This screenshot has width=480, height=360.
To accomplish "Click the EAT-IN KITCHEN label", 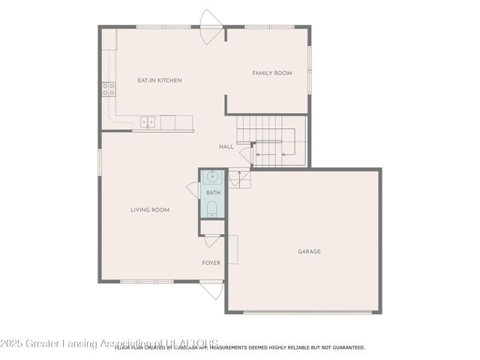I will (159, 80).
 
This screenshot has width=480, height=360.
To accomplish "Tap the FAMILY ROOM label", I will (271, 73).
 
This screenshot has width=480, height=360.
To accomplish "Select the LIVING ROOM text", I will (150, 210).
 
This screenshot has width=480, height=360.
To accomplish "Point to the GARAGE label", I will (309, 251).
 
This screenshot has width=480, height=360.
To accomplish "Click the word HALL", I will (226, 146).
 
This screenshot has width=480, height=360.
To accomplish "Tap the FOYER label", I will (211, 262).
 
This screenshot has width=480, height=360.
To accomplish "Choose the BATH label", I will (213, 193).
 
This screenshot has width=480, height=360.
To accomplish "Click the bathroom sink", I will (212, 178).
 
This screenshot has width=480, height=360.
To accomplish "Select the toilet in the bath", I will (212, 208).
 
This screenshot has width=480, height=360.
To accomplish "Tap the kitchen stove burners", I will (109, 90).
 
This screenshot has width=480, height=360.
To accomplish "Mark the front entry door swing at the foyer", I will (211, 289).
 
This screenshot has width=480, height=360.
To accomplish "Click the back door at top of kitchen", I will (210, 19).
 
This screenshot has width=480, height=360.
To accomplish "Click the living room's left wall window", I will (99, 162).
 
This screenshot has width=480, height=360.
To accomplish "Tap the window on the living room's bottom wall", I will (146, 281).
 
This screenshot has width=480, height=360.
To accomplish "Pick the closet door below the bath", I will (211, 241).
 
